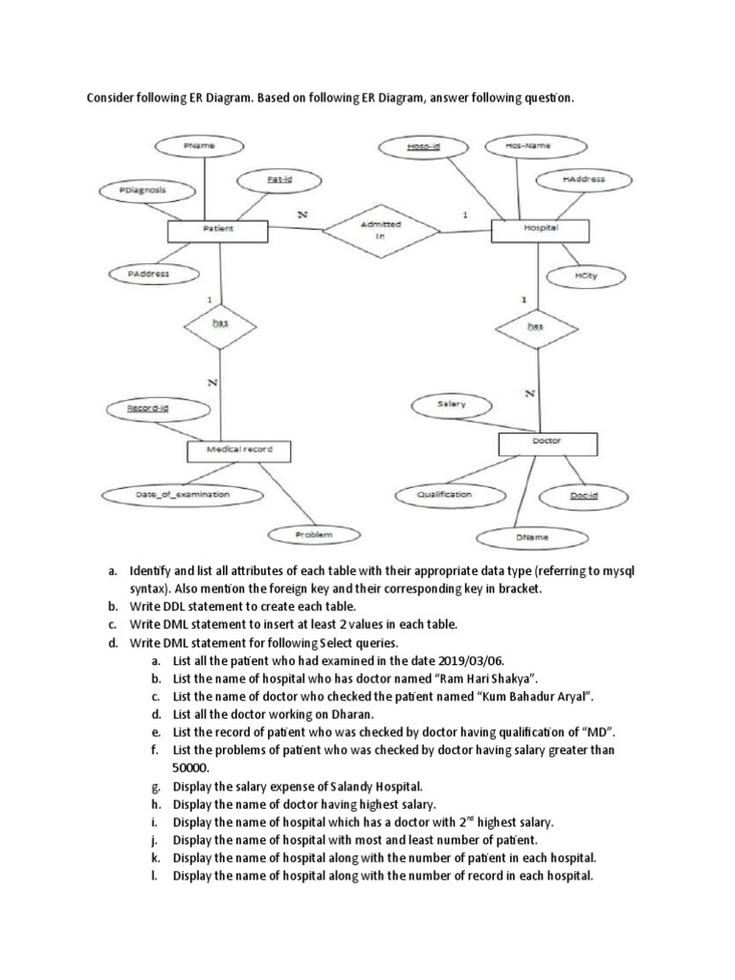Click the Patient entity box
(x=218, y=230)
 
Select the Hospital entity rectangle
(x=539, y=230)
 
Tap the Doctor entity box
(x=547, y=442)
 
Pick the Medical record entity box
(x=238, y=449)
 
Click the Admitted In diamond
(x=380, y=230)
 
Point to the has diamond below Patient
(x=220, y=325)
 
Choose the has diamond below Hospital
(x=536, y=327)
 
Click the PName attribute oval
(x=199, y=145)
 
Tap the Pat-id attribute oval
(x=278, y=178)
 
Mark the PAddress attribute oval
(x=148, y=274)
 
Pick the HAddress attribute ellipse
(x=583, y=179)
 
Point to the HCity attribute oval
(x=585, y=277)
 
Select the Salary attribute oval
(x=451, y=404)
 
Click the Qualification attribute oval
(x=445, y=495)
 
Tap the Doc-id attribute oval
(x=584, y=495)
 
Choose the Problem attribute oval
(x=313, y=535)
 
